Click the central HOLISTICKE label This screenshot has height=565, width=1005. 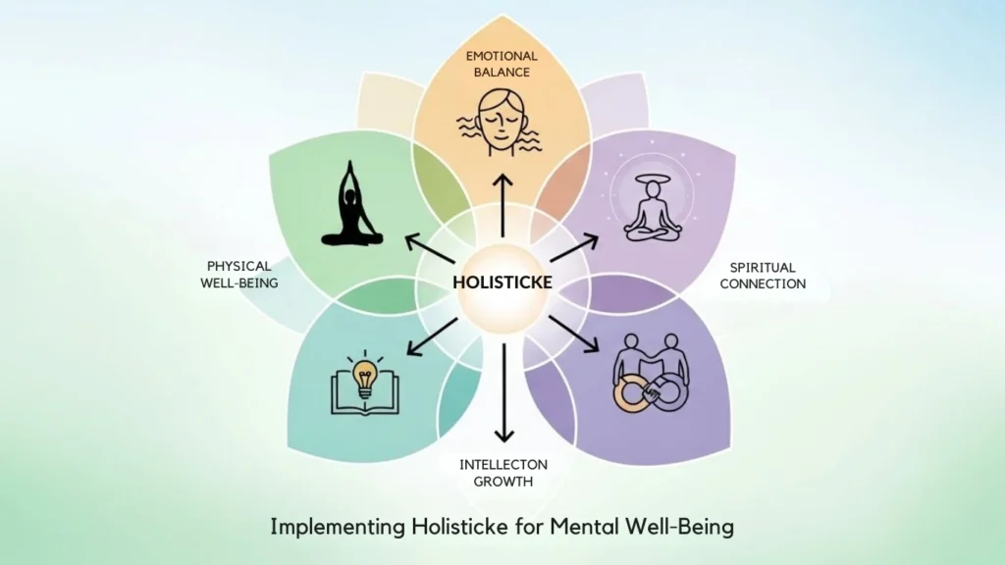pos(502,282)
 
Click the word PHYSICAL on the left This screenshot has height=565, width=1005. pos(238,266)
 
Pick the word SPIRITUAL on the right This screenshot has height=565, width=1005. pos(764,267)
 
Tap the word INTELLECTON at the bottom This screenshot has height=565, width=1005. pos(504,464)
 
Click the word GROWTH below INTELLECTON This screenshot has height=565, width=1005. pos(504,482)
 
